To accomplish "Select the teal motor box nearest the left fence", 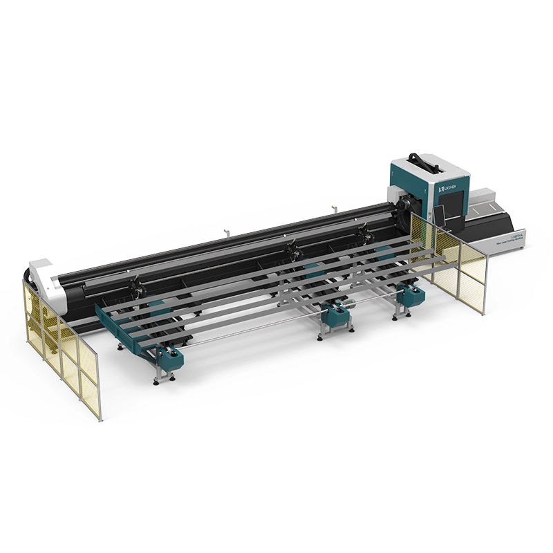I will (168, 357).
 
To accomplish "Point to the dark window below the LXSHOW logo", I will (453, 207).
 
